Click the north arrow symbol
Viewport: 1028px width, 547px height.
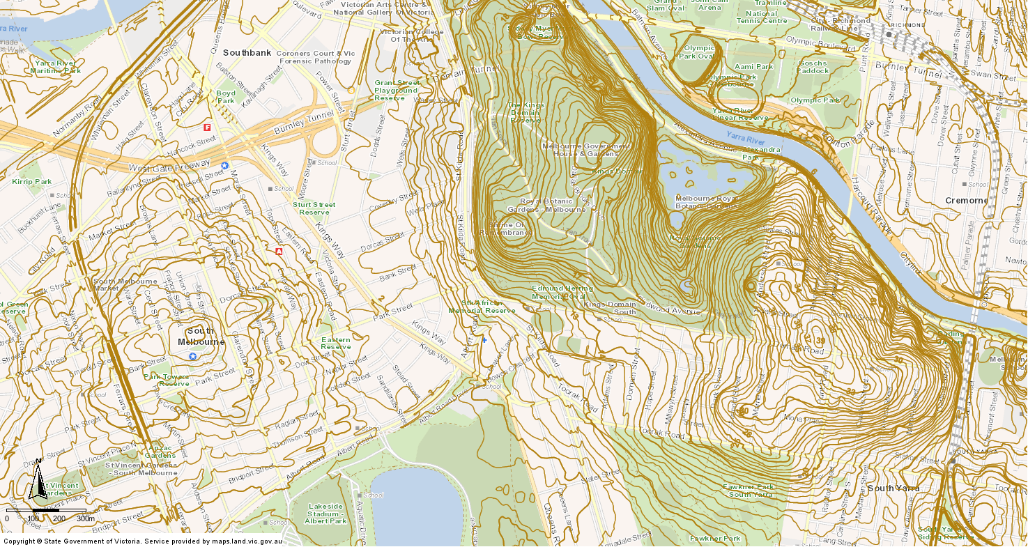coord(38,482)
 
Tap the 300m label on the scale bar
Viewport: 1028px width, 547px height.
coord(85,518)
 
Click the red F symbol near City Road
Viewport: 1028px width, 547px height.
coord(207,128)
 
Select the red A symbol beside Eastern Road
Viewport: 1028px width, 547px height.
coord(279,251)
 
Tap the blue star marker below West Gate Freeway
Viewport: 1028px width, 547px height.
coord(224,165)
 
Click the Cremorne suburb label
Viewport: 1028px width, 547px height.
coord(966,201)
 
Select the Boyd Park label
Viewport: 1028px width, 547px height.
coord(226,97)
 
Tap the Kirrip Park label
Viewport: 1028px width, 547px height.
coord(32,182)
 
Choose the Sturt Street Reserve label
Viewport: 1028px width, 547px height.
coord(314,208)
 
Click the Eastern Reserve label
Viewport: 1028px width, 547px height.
coord(336,343)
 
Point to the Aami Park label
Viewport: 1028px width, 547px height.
coord(754,67)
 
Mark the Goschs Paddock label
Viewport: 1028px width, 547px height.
coord(813,67)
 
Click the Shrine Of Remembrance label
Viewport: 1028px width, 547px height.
coord(506,229)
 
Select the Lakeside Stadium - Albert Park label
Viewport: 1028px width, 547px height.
coord(326,514)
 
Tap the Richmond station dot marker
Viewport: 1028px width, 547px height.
coord(889,33)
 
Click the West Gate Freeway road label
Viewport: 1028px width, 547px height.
coord(170,166)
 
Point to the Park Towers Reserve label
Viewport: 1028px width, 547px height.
coord(166,380)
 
